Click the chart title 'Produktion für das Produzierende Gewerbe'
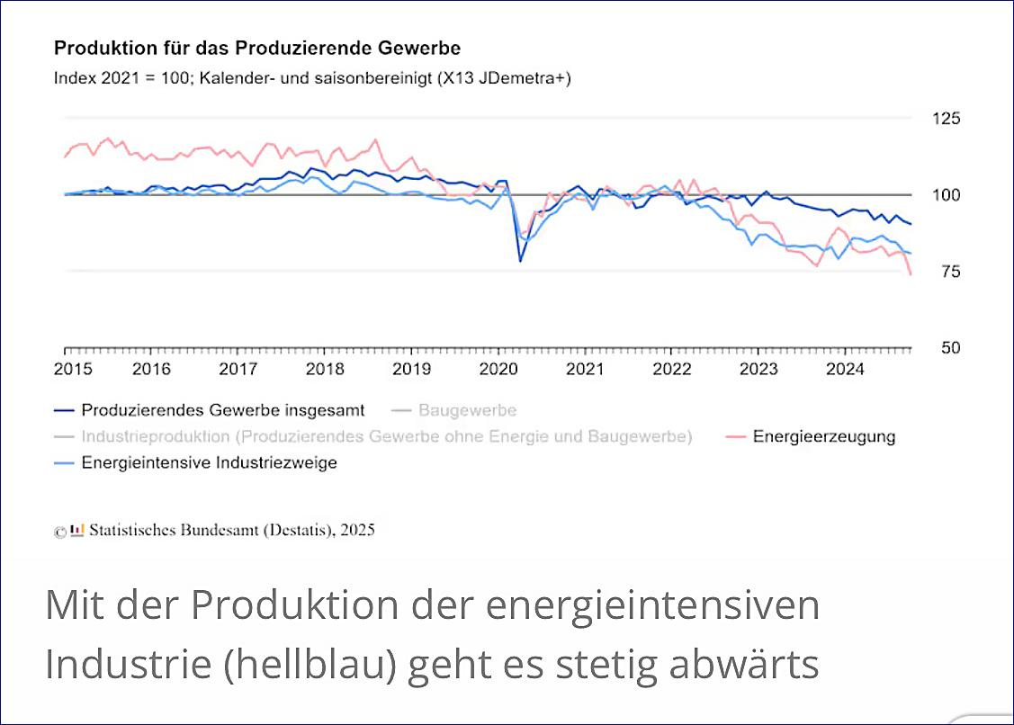[257, 48]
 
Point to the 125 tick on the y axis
[926, 119]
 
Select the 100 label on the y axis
[926, 195]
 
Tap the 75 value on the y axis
[926, 272]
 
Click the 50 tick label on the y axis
[926, 348]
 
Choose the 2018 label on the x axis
[326, 369]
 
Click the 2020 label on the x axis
[498, 369]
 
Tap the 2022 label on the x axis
[672, 369]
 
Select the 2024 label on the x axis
[846, 369]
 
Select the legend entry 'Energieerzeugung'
[823, 437]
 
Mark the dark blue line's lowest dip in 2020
[520, 261]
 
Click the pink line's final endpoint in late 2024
[911, 274]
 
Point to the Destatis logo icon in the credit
[77, 530]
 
